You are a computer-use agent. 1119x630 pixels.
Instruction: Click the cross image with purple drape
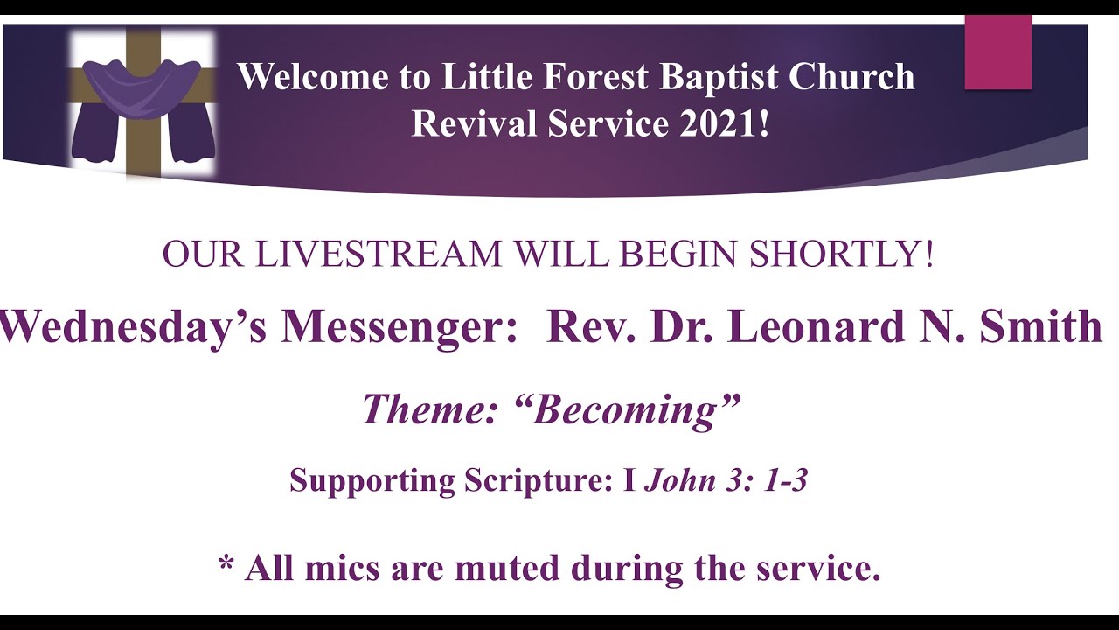(x=142, y=103)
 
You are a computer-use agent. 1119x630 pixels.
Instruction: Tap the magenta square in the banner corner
(x=997, y=52)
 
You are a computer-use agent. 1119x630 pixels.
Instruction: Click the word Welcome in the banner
(x=313, y=77)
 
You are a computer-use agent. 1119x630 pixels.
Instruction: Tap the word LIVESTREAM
(x=384, y=255)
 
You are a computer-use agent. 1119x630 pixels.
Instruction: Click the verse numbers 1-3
(x=783, y=481)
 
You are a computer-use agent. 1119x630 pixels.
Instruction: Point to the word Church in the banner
(x=851, y=77)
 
